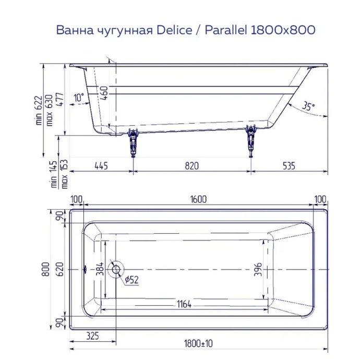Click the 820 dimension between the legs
192,166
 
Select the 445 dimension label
101,166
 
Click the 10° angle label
79,98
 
